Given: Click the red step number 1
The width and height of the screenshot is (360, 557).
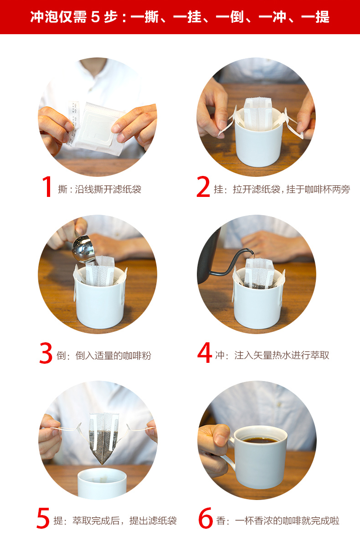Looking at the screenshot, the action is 47,186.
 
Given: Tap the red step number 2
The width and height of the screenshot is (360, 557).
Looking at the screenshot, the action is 203,186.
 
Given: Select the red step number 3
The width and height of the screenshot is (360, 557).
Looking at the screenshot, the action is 46,353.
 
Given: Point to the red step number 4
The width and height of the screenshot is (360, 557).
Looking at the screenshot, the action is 204,352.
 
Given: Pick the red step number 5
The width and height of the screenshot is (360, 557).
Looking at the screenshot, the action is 43,518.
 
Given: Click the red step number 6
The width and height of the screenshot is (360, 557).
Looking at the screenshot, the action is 206,518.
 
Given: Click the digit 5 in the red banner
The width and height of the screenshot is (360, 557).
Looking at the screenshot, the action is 95,17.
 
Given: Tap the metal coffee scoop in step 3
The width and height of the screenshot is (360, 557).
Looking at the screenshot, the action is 84,249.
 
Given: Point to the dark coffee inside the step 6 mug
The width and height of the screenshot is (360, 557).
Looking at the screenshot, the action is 260,440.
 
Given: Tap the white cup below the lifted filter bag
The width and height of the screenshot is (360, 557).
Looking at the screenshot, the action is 102,484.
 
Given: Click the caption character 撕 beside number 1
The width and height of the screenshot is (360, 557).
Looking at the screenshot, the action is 62,189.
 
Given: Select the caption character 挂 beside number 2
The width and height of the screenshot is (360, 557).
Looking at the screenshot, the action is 219,189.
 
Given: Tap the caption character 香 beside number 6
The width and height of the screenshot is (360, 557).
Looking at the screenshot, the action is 221,521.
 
